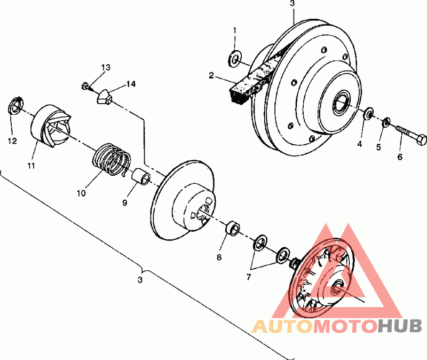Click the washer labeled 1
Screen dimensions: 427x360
point(235,58)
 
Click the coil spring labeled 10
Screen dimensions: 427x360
point(112,159)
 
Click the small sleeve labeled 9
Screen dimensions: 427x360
point(141,177)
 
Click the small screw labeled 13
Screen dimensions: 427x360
point(86,87)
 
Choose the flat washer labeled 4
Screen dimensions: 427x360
point(369,113)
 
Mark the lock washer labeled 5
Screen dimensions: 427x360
point(386,122)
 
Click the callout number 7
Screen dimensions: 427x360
point(248,277)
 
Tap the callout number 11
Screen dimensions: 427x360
point(31,166)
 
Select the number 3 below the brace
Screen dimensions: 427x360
point(140,280)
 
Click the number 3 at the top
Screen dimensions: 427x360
point(292,4)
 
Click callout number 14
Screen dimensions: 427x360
point(131,84)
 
